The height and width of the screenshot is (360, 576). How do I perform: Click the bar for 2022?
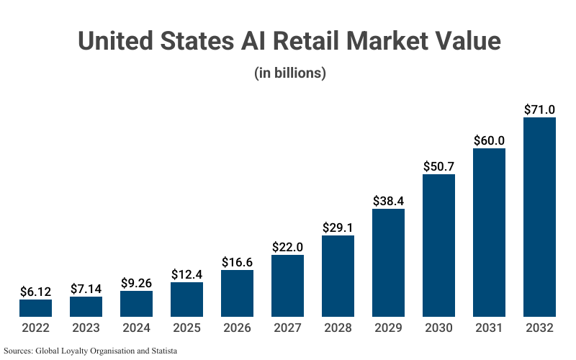(x=35, y=308)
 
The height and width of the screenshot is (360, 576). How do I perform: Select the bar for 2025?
(x=186, y=300)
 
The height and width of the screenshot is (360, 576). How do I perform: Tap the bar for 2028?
(x=338, y=276)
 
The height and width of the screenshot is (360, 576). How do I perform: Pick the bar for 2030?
(x=438, y=246)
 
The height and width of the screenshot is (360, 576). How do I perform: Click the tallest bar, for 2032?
(x=539, y=217)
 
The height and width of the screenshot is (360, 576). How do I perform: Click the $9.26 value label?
(x=136, y=282)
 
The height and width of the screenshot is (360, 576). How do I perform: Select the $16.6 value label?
(x=237, y=261)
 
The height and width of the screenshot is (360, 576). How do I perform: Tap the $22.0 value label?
(x=287, y=246)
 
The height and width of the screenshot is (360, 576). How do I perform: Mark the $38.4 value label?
(x=388, y=200)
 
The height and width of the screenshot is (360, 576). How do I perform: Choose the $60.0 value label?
(x=489, y=140)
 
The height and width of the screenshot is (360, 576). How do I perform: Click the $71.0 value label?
(x=539, y=109)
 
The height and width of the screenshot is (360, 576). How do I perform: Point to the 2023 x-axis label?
(x=86, y=328)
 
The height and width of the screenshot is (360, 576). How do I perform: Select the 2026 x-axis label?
(x=237, y=328)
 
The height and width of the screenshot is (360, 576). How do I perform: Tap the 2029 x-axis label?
(x=388, y=328)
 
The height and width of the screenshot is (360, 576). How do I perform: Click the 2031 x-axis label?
(x=489, y=328)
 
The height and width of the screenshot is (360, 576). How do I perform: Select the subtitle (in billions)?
(x=289, y=73)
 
